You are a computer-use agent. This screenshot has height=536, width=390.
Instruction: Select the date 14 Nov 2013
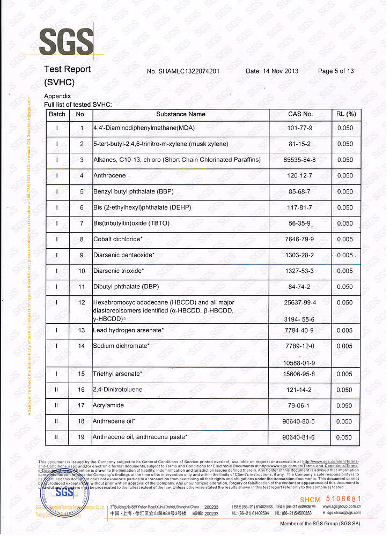coord(272,71)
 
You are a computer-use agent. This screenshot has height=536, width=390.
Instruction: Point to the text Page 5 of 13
coord(336,71)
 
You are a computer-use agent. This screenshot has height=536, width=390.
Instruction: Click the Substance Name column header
coord(181,114)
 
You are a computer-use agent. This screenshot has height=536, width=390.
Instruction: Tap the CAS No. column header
coord(300,114)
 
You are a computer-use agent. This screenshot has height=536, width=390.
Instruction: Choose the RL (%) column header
coord(345,114)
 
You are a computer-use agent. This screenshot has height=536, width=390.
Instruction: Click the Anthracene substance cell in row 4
coord(109,176)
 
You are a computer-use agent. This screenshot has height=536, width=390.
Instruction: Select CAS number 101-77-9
coord(300,129)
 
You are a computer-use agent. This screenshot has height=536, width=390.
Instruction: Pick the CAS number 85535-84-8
coord(300,160)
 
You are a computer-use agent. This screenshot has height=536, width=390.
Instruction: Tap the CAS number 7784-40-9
coord(300,331)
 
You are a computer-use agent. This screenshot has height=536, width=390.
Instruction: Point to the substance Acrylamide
coord(108,406)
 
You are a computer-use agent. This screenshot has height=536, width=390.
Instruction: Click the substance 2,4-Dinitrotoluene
coord(117,390)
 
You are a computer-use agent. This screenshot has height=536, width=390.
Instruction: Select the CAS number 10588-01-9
coord(300,363)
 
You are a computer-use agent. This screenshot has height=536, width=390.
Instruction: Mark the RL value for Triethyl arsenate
coord(344,374)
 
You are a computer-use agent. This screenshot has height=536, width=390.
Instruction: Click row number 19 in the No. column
coord(81,438)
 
